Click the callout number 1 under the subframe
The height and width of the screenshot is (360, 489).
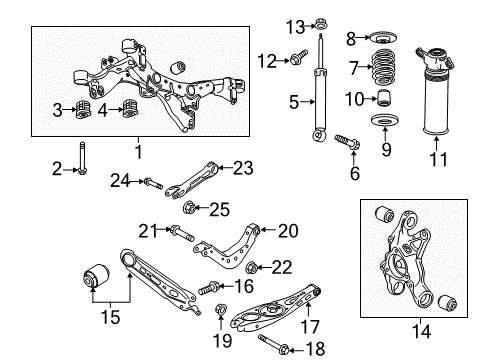140,152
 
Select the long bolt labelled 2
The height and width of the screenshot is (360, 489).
82,158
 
